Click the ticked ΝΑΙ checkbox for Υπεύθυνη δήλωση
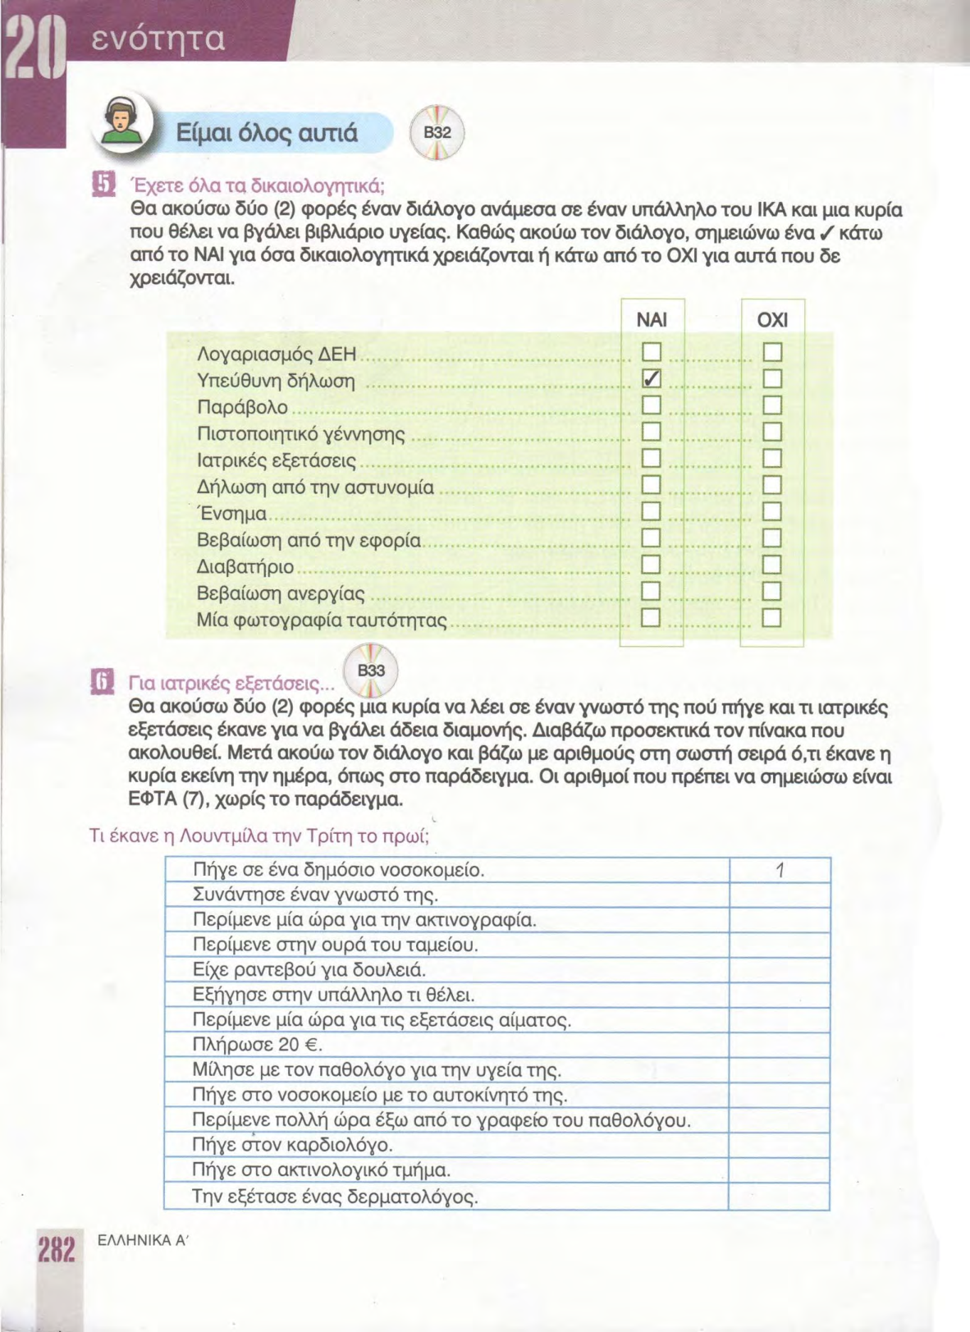pyautogui.click(x=651, y=379)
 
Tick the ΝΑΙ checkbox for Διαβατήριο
pyautogui.click(x=651, y=565)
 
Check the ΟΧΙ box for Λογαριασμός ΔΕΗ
pyautogui.click(x=772, y=353)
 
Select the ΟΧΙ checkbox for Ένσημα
pyautogui.click(x=772, y=512)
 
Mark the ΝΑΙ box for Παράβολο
pyautogui.click(x=651, y=405)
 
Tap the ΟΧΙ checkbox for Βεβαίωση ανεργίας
pyautogui.click(x=772, y=592)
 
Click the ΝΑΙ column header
pyautogui.click(x=652, y=319)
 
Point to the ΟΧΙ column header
pyautogui.click(x=772, y=319)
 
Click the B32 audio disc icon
pyautogui.click(x=437, y=133)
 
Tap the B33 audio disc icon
pyautogui.click(x=371, y=671)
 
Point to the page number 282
pyautogui.click(x=55, y=1249)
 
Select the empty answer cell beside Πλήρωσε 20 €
pyautogui.click(x=780, y=1046)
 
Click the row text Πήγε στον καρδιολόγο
pyautogui.click(x=292, y=1145)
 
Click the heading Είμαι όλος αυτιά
pyautogui.click(x=268, y=133)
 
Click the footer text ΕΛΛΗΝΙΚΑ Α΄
pyautogui.click(x=143, y=1241)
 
